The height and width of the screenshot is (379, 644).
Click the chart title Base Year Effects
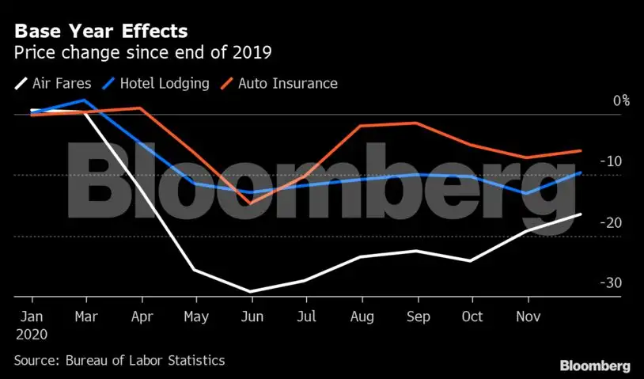coord(101,32)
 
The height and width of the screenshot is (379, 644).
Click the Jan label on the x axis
coord(32,316)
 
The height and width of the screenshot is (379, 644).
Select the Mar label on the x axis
coord(86,316)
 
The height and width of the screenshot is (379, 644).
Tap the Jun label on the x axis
coord(251,316)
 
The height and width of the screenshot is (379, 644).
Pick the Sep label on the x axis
coord(417,316)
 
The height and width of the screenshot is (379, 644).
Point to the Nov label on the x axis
coord(527,316)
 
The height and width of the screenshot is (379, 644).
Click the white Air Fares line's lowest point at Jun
coord(251,292)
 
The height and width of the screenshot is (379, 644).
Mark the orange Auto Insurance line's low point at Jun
coord(251,203)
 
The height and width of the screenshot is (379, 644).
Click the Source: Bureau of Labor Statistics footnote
coord(119,360)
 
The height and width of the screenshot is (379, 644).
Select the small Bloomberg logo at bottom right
coord(595,366)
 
